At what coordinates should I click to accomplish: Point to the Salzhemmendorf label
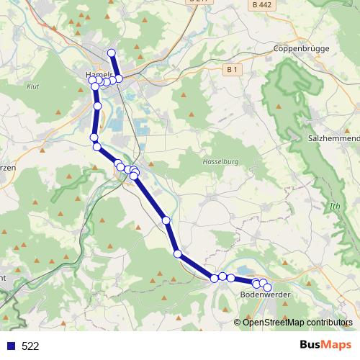click(333, 138)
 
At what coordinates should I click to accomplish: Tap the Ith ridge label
click(334, 207)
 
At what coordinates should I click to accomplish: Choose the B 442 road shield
click(264, 4)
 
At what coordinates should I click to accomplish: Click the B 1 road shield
click(230, 70)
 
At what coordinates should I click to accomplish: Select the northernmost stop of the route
click(112, 53)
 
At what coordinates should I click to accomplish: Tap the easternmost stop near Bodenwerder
click(268, 287)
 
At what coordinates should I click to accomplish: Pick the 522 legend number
click(30, 346)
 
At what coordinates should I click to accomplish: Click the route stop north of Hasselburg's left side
click(166, 220)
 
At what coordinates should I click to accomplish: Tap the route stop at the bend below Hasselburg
click(177, 253)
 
